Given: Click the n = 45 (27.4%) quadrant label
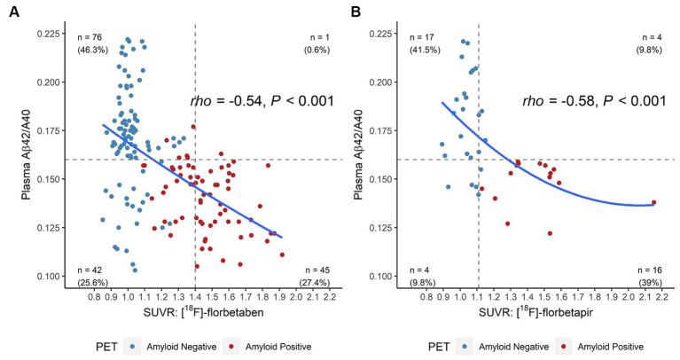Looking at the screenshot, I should pyautogui.click(x=317, y=275).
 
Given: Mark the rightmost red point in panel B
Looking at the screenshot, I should pyautogui.click(x=654, y=202).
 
